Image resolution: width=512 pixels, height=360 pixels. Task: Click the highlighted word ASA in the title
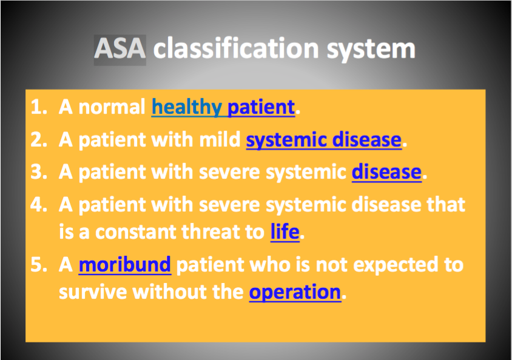pyautogui.click(x=120, y=48)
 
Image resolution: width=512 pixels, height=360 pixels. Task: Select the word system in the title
pyautogui.click(x=371, y=50)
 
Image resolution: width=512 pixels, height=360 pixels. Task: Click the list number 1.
pyautogui.click(x=39, y=107)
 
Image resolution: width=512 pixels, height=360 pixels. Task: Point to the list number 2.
pyautogui.click(x=39, y=139)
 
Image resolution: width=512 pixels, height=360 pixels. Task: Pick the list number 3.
pyautogui.click(x=39, y=172)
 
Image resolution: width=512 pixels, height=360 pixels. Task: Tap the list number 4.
pyautogui.click(x=39, y=204)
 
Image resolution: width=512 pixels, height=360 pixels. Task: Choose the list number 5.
pyautogui.click(x=39, y=264)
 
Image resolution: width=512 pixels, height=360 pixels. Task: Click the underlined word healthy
pyautogui.click(x=187, y=107)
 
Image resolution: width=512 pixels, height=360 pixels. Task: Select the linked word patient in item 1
pyautogui.click(x=261, y=107)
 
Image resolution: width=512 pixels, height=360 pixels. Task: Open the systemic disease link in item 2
pyautogui.click(x=323, y=140)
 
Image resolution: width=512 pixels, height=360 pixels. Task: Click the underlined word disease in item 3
pyautogui.click(x=386, y=172)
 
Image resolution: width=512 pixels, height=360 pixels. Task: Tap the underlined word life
pyautogui.click(x=285, y=232)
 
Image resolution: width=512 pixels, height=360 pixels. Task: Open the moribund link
pyautogui.click(x=125, y=264)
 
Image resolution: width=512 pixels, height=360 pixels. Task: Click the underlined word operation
pyautogui.click(x=295, y=292)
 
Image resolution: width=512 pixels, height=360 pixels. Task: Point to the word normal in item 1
pyautogui.click(x=112, y=107)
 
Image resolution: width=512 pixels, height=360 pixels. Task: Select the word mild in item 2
pyautogui.click(x=220, y=139)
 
